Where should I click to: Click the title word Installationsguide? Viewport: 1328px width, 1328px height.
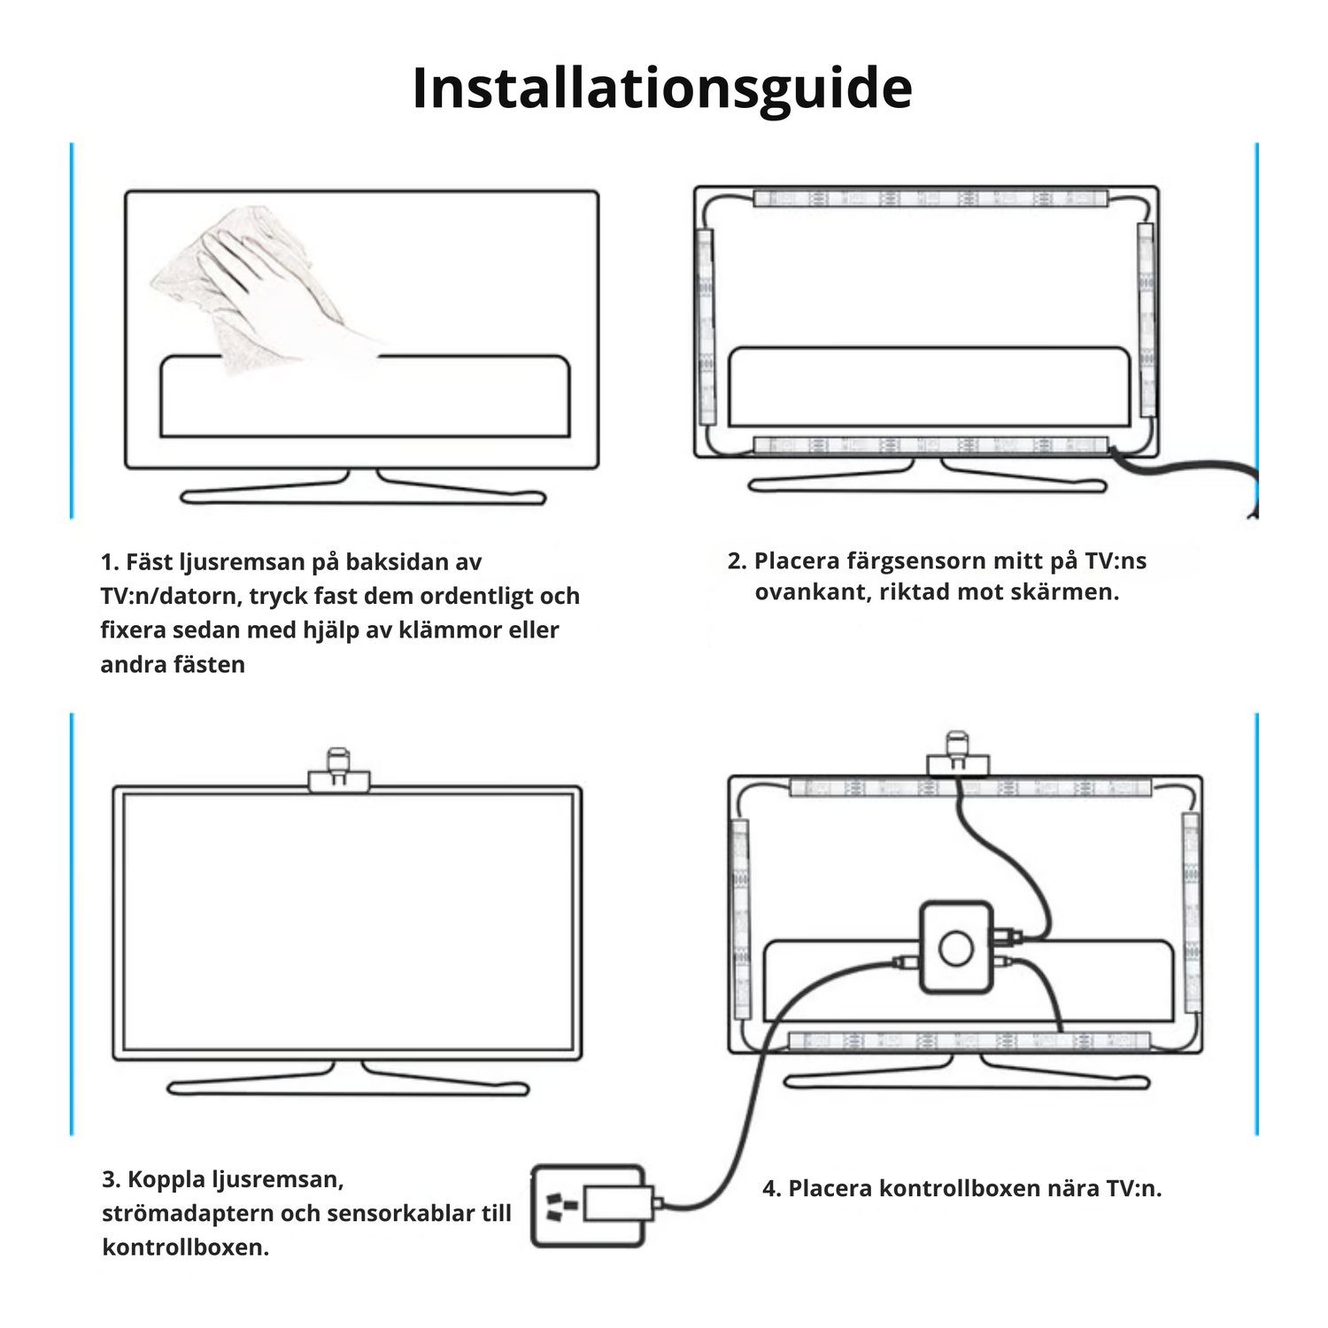tap(662, 89)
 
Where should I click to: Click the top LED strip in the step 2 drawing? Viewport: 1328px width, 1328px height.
tap(930, 198)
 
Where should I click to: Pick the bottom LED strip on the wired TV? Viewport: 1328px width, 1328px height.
tap(969, 1041)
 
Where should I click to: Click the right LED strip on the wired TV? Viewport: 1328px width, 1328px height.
tap(1191, 912)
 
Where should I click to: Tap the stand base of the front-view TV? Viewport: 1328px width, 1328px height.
tap(347, 1086)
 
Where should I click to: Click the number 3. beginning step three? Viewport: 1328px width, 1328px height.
tap(111, 1179)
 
